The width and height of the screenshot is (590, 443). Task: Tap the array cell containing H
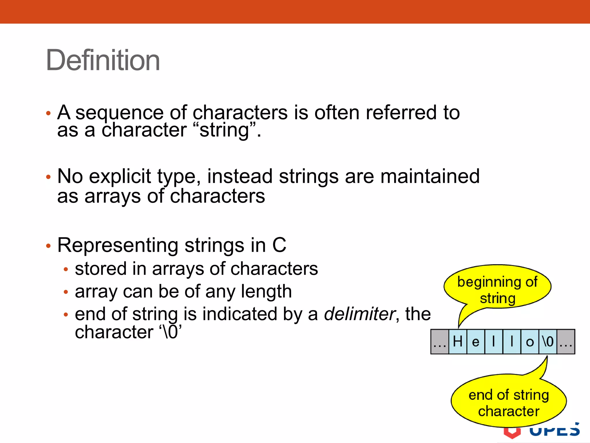point(457,342)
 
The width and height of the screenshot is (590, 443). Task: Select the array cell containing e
point(476,342)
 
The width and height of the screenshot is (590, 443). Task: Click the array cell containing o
point(530,342)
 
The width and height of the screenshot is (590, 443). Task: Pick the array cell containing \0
point(548,342)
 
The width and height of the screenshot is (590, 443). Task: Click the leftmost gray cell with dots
point(440,342)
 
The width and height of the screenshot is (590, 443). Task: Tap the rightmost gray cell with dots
point(566,342)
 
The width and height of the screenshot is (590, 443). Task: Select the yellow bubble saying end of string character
point(508,403)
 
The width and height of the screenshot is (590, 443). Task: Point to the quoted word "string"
point(224,130)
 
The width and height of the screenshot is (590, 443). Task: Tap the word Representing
point(118,245)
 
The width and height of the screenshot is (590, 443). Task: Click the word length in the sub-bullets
point(266,291)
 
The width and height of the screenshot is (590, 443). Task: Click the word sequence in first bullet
point(119,112)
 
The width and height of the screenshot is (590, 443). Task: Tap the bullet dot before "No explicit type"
point(48,177)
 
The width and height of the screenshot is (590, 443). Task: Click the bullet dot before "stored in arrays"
point(66,269)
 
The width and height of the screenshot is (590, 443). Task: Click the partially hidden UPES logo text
point(554,431)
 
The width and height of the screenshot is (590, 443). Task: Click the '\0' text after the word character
point(170,332)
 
